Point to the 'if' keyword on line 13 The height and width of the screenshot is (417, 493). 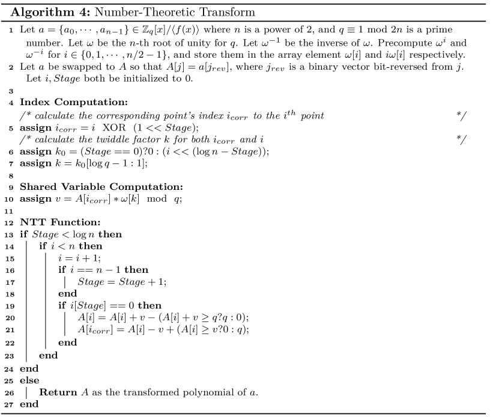23,234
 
